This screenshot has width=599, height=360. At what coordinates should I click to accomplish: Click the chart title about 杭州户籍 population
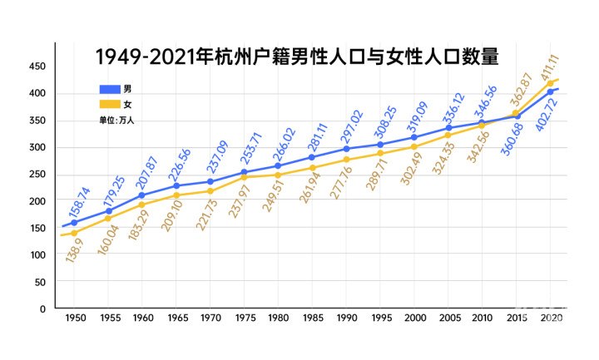tap(296, 57)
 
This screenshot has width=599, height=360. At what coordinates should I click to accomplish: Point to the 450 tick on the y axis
tap(37, 67)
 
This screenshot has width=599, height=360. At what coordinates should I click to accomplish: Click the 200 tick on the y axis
tap(37, 201)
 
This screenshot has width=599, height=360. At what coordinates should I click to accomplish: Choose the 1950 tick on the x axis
tap(74, 319)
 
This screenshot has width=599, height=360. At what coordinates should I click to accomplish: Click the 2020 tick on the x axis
tap(550, 319)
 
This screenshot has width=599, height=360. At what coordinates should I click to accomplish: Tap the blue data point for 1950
tap(74, 223)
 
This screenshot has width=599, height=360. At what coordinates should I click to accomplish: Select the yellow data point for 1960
tap(142, 205)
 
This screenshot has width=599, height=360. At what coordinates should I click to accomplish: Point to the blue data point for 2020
tap(550, 91)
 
